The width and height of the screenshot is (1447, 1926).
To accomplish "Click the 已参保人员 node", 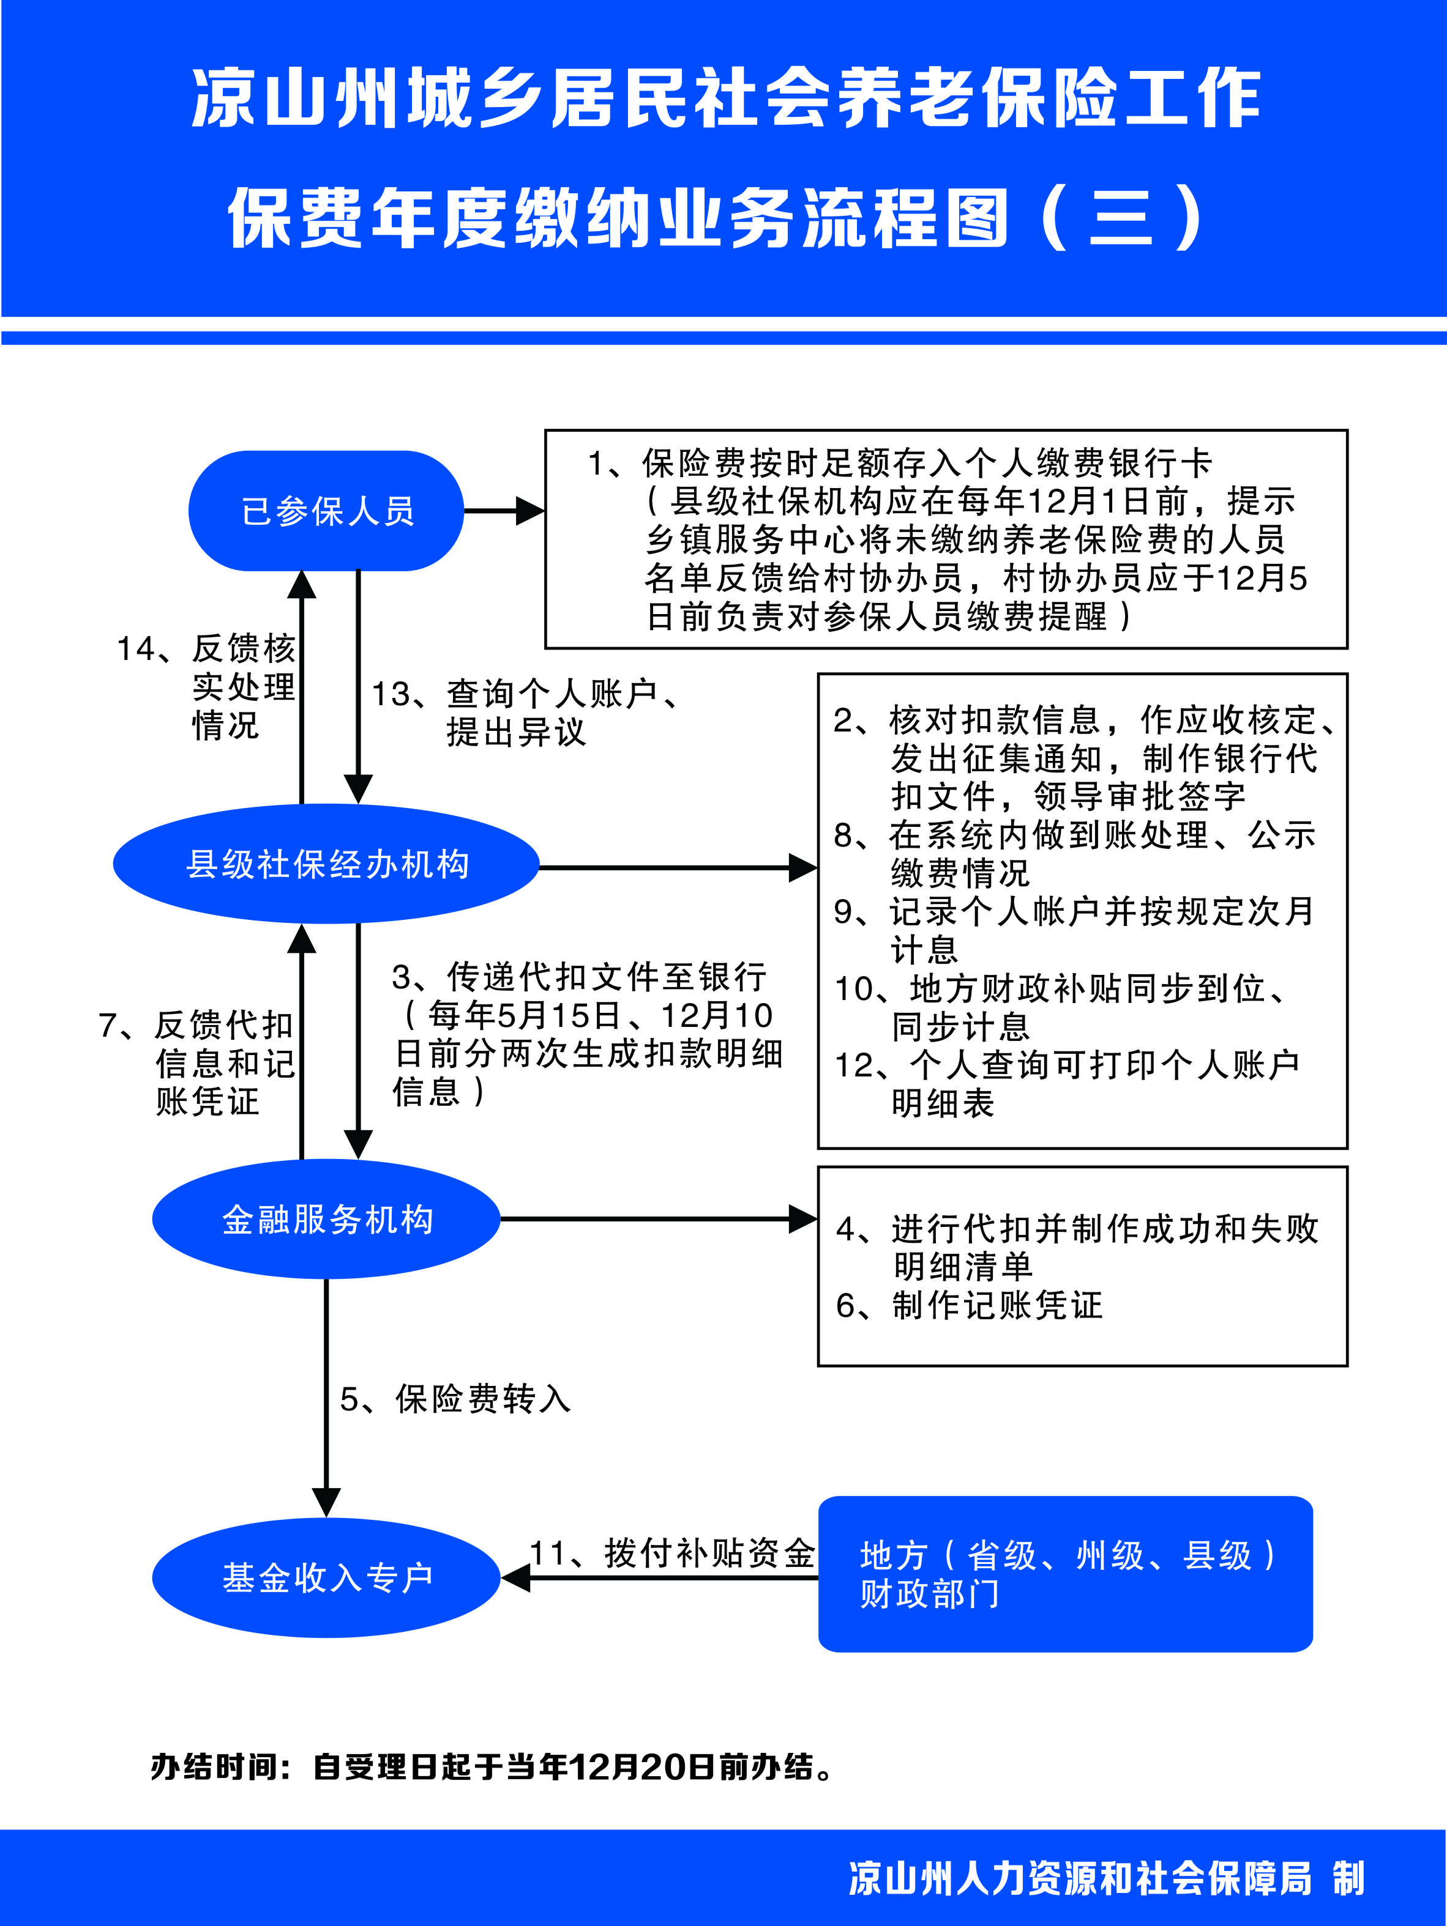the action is (326, 511).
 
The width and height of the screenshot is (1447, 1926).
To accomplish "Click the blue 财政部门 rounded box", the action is (1066, 1574).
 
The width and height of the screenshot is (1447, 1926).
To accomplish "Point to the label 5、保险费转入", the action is (455, 1399).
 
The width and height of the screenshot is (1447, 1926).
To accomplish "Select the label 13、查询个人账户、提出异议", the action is (525, 713).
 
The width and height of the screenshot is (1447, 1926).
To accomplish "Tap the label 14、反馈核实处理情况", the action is (206, 687).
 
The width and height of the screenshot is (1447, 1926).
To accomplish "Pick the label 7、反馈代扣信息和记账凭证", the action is (197, 1063).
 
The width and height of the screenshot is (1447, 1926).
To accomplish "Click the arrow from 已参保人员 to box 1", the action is (504, 511).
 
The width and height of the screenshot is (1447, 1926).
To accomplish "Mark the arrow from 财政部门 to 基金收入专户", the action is (659, 1578).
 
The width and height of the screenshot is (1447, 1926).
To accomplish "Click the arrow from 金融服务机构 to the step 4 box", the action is (659, 1219).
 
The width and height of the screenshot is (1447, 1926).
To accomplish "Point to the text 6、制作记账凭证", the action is (969, 1305).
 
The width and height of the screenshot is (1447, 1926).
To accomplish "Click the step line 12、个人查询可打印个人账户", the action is (1067, 1064).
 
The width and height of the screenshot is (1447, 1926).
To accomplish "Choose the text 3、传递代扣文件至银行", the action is (578, 977).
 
